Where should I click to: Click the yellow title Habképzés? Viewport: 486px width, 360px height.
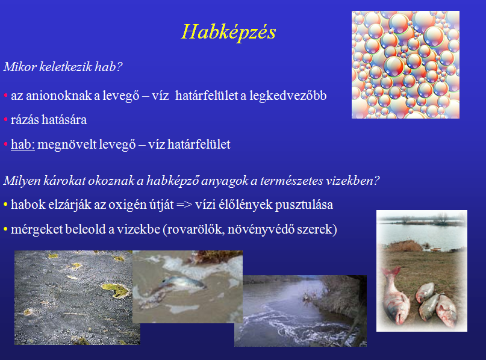[228, 33]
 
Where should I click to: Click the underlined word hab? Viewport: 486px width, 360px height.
[23, 144]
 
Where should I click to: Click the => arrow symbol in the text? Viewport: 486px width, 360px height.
[184, 205]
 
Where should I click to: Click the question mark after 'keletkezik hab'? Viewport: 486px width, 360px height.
[119, 67]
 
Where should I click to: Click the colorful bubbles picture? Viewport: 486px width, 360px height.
[405, 65]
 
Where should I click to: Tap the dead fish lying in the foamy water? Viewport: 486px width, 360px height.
[183, 284]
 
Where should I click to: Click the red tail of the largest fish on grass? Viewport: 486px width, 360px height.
[390, 273]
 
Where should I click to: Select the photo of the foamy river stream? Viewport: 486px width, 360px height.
[301, 311]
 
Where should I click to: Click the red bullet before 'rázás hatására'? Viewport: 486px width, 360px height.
[5, 120]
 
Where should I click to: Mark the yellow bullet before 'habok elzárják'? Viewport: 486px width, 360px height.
[5, 205]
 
